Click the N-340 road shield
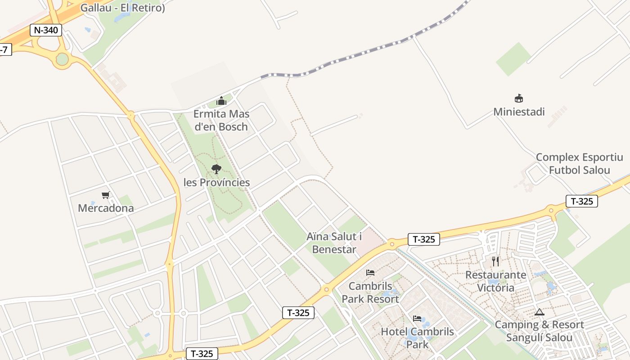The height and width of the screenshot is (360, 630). pos(45,30)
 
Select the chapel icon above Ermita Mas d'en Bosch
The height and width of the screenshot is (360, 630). pos(221,101)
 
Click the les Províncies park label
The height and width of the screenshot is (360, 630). pos(216,182)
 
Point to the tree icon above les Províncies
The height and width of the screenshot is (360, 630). pos(216,169)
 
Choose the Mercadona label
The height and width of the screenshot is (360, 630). pos(106,208)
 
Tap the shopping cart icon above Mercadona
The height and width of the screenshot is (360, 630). pos(106,195)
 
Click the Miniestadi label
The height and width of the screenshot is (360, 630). pos(519,112)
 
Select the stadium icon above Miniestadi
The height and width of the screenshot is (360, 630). pos(519,98)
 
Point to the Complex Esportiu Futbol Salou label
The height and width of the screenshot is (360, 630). pos(579,164)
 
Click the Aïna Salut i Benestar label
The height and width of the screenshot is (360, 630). pos(334,243)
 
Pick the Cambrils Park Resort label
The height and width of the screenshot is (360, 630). pos(370,292)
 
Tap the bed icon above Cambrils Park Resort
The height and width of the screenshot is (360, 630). pos(370,273)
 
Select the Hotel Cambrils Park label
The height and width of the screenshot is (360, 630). pos(417,338)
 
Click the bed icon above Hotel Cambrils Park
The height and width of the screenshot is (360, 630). pos(417,319)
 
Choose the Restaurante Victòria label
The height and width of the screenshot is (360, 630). pos(495,281)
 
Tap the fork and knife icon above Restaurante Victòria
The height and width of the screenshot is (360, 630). pos(495,261)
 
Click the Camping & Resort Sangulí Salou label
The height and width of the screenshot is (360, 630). pos(539,331)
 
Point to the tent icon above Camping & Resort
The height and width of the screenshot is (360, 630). pos(539,312)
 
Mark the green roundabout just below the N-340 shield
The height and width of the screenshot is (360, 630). pos(62,59)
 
